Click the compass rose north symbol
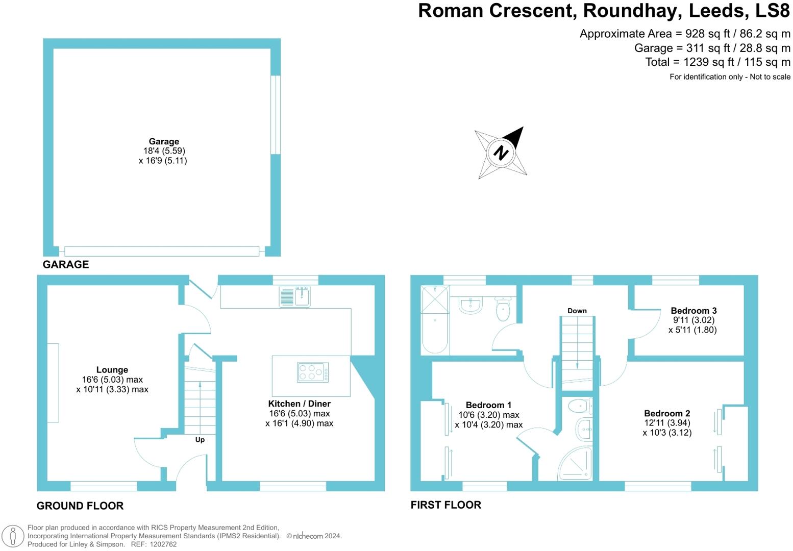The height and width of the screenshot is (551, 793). (501, 153)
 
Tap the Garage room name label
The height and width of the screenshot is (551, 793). (164, 141)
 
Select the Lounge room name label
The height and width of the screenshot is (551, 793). (112, 370)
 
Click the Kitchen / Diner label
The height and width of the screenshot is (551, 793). (300, 404)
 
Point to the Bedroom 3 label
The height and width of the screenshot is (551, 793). (693, 310)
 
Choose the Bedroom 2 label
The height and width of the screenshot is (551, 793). (667, 413)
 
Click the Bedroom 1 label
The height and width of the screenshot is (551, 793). (488, 405)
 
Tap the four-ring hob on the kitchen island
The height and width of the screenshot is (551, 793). (313, 372)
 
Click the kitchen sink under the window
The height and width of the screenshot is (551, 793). (295, 296)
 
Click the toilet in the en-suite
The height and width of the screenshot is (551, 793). (580, 407)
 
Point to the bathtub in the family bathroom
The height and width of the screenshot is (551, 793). (435, 319)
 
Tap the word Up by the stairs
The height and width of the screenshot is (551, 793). (200, 439)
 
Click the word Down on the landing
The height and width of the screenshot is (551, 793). (577, 310)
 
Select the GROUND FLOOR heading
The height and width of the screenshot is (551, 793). (80, 506)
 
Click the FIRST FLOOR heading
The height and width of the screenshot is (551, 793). (446, 505)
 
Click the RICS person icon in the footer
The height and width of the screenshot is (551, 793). (13, 536)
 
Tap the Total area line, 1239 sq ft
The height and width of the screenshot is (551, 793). (717, 62)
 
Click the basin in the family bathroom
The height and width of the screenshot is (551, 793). (470, 305)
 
